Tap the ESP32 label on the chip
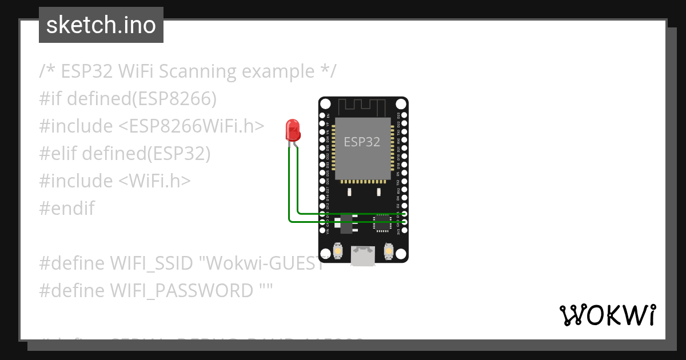click(x=362, y=142)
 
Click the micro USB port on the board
click(x=364, y=255)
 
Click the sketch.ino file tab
click(x=101, y=25)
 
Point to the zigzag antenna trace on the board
click(x=363, y=107)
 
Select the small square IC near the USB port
click(x=382, y=223)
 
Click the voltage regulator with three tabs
click(x=346, y=223)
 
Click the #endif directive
click(x=67, y=209)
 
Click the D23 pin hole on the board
click(x=404, y=115)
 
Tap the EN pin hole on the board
click(x=322, y=115)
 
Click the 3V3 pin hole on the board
click(x=404, y=230)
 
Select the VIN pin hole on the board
click(x=322, y=230)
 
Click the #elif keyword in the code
click(x=58, y=154)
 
